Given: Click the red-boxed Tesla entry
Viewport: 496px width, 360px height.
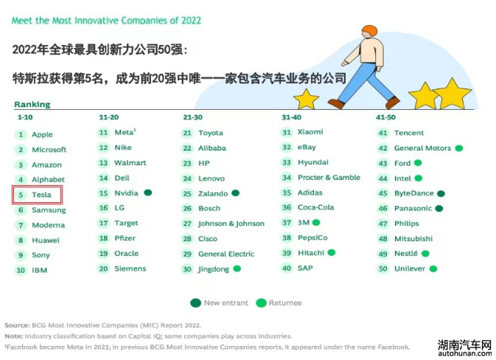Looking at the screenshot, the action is point(38,195).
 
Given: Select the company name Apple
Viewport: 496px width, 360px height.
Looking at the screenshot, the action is point(42,134).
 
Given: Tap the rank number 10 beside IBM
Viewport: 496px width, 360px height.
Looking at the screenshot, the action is point(21,271).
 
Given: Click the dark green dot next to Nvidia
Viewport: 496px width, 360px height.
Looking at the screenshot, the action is point(147,193).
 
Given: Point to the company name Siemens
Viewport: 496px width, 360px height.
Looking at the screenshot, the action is point(130,269).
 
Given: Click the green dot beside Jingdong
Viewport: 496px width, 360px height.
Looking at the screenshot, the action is point(237,269).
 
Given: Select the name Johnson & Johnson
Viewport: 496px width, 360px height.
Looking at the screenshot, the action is point(231,224).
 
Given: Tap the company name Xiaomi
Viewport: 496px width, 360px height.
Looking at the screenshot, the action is point(310,132).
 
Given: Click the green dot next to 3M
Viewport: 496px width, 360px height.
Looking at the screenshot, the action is point(316,223).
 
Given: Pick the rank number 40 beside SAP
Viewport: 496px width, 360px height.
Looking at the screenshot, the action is point(287,269).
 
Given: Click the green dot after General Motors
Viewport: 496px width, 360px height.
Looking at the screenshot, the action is point(459,148).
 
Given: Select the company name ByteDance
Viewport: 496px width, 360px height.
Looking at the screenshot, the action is point(413,193).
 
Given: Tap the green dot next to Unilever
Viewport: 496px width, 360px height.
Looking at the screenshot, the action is point(433,269).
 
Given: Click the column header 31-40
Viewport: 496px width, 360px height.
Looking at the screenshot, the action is point(291,117).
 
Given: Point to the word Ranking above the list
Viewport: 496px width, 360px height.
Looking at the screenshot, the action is point(32,105).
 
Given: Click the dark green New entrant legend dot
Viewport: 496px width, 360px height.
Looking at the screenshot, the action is point(196,303).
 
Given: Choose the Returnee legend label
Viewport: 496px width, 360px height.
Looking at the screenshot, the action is point(285,303).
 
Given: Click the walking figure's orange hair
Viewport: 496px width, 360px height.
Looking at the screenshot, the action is point(370,31).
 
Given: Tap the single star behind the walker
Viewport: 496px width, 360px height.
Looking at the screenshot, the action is point(306,100).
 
